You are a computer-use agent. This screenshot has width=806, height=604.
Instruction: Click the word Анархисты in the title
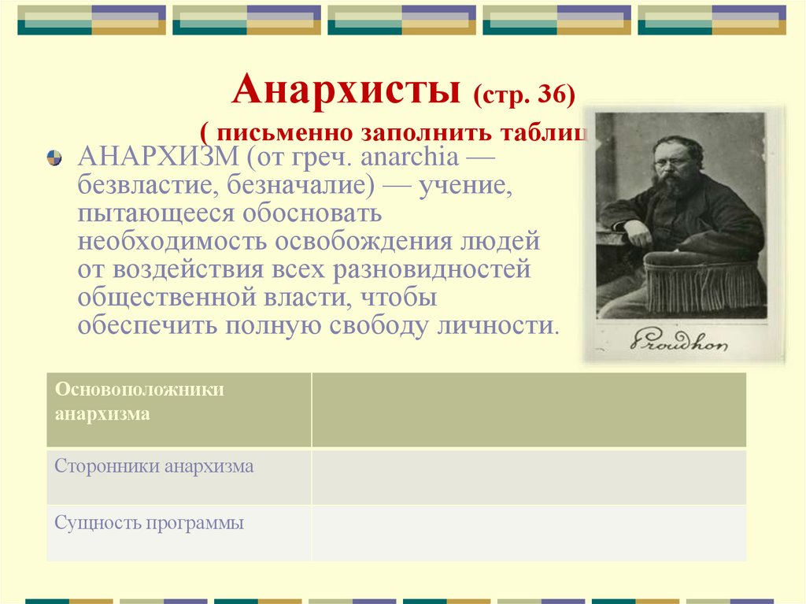346,91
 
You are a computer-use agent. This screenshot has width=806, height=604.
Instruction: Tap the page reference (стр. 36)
523,94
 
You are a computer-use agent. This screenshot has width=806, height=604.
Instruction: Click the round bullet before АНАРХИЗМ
54,157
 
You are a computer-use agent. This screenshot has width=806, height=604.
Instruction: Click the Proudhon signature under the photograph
679,339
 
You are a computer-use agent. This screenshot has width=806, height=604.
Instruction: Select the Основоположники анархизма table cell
179,409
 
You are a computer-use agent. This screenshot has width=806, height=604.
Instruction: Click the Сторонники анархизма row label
154,466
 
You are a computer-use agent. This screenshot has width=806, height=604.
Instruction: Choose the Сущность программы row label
150,523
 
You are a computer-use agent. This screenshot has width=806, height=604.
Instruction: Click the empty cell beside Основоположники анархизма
528,409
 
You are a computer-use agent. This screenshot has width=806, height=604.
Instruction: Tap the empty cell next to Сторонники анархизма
528,476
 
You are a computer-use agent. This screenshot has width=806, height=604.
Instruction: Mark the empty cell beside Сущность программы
528,532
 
